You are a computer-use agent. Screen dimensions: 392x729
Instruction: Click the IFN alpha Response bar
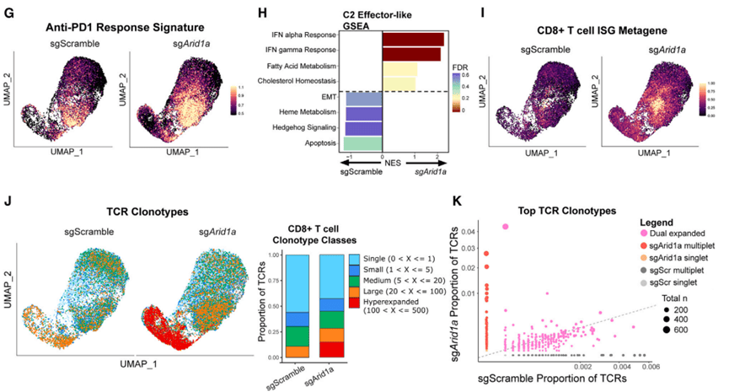413,39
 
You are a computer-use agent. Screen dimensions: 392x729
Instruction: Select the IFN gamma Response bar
411,54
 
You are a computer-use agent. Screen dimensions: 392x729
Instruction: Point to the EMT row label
330,98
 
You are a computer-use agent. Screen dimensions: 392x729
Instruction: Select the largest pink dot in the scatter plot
506,226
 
